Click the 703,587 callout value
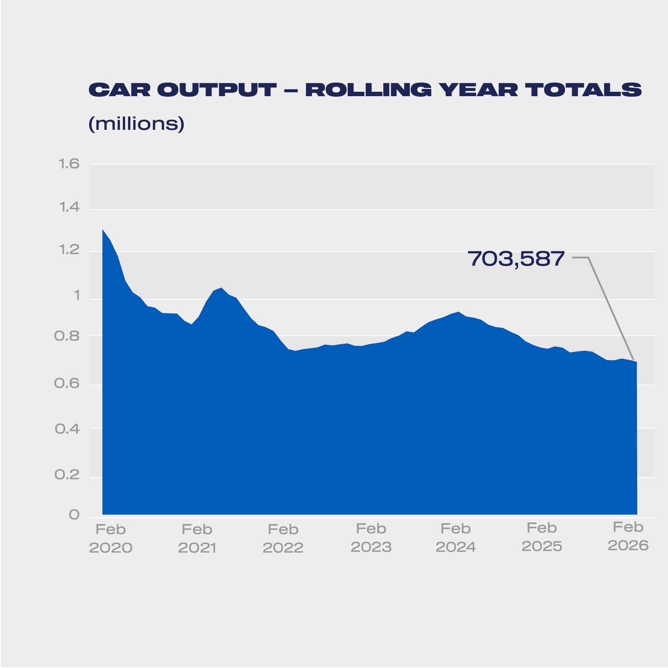516,259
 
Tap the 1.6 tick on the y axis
69,164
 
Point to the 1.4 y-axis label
69,207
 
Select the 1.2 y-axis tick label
69,250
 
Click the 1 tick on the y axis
76,296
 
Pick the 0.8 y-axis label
67,336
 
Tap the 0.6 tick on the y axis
67,383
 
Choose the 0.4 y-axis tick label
67,429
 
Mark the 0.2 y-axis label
67,475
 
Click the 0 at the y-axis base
74,515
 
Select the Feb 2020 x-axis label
111,539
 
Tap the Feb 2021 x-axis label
197,539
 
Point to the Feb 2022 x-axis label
283,539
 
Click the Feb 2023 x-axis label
371,538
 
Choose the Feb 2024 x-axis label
456,538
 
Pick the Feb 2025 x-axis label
542,537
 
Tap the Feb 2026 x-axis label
628,536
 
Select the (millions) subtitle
136,123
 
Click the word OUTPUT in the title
217,90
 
